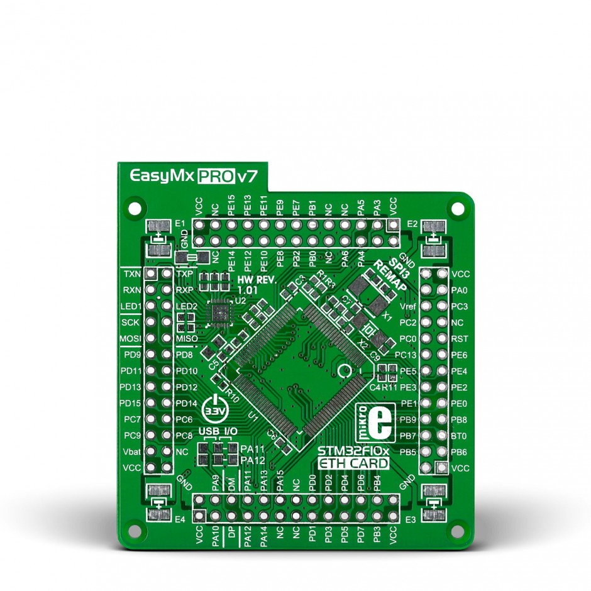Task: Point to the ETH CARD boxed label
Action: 353,464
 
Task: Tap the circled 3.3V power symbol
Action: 214,409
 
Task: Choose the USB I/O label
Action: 216,432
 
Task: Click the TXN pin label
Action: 132,274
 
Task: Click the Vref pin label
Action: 408,307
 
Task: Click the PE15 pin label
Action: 231,206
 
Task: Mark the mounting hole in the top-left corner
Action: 133,206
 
